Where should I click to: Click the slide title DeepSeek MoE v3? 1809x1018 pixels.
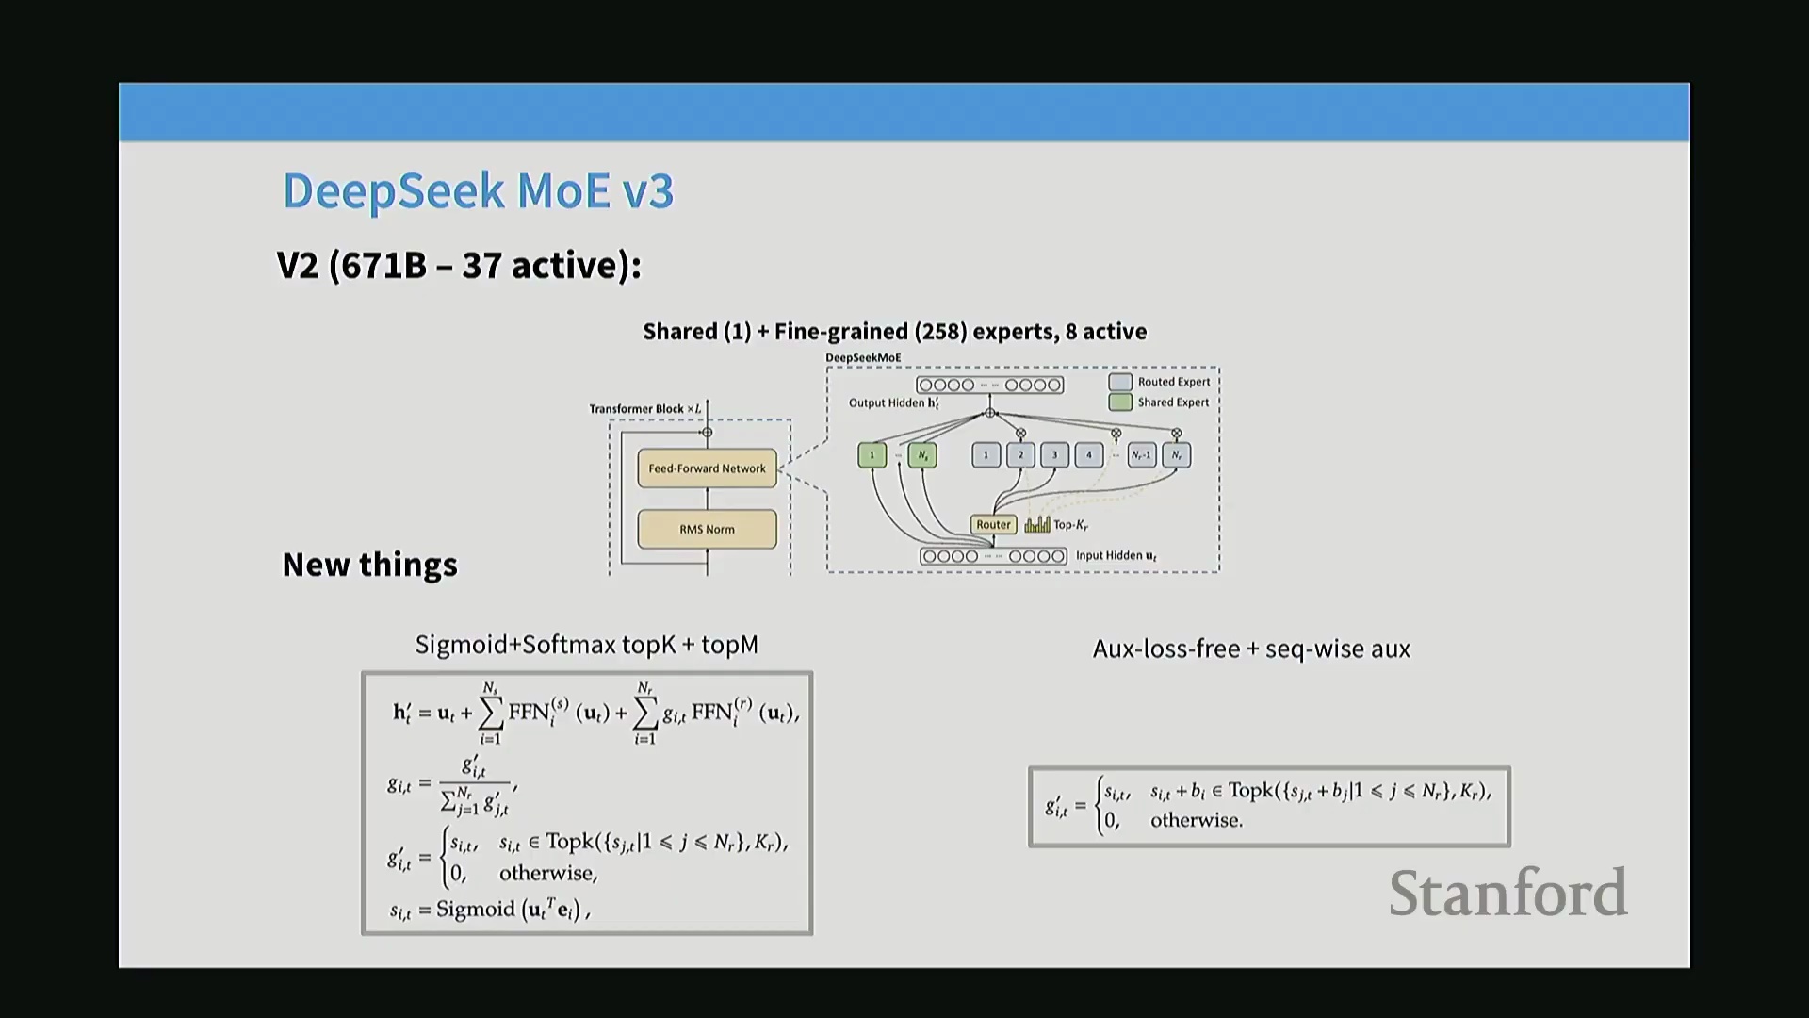(478, 191)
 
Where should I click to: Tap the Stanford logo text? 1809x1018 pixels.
(1507, 893)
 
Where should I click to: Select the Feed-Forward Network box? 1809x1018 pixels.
(707, 468)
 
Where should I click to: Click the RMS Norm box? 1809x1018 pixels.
(707, 530)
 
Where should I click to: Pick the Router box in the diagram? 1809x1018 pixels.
(993, 525)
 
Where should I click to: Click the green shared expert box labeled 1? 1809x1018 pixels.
(872, 455)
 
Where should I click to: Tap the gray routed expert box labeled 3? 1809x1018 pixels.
(1054, 455)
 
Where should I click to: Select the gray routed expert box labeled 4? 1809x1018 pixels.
(1089, 455)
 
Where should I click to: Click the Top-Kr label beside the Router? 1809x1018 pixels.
(1070, 525)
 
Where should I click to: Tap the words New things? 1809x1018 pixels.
(369, 565)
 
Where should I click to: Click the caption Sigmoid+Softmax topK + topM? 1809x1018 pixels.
(586, 645)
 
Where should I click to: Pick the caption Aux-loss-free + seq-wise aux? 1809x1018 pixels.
(1251, 649)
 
